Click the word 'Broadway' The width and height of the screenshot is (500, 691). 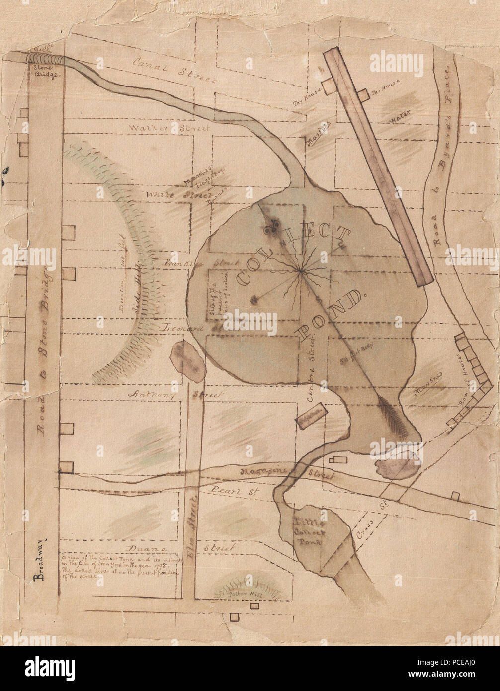click(38, 559)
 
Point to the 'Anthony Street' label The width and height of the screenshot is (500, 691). click(175, 394)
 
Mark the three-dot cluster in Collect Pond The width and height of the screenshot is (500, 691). click(271, 229)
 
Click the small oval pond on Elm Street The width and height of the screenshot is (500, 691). click(188, 361)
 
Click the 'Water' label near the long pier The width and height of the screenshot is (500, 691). click(399, 119)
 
